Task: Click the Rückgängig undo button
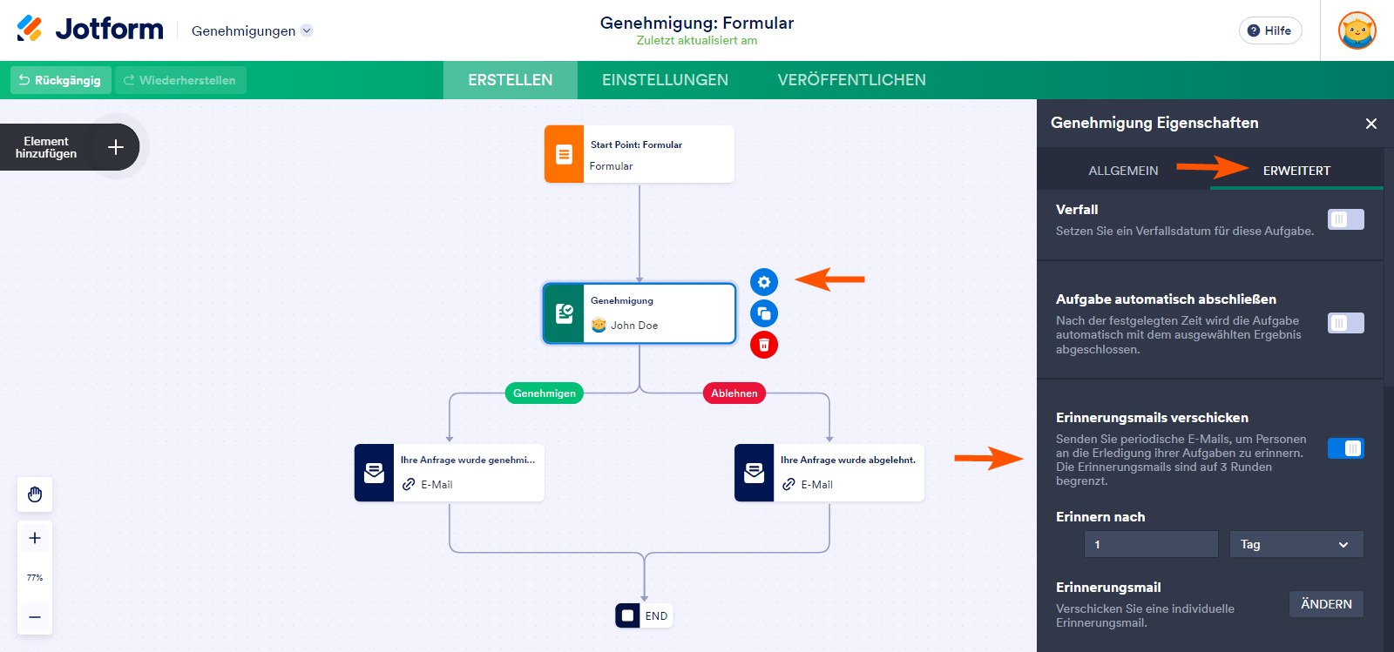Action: [x=60, y=80]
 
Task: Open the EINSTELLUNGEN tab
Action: [x=665, y=80]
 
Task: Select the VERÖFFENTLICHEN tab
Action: [x=851, y=80]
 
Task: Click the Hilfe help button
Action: [x=1269, y=30]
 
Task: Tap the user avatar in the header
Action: [x=1357, y=30]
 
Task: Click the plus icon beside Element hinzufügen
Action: [x=116, y=147]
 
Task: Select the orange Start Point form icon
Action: [x=564, y=154]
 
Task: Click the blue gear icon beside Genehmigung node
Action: [x=763, y=282]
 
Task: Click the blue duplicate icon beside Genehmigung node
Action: [x=763, y=313]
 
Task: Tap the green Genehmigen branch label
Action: [x=544, y=393]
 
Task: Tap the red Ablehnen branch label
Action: [x=734, y=393]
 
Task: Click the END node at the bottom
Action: [x=644, y=615]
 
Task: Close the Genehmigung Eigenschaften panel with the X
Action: [x=1370, y=124]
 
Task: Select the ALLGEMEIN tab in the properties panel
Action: [x=1123, y=171]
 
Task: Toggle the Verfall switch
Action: [x=1345, y=219]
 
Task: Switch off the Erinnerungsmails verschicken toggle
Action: [x=1345, y=448]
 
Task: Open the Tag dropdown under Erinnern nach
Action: [x=1296, y=544]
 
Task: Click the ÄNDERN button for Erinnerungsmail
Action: [x=1325, y=604]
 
